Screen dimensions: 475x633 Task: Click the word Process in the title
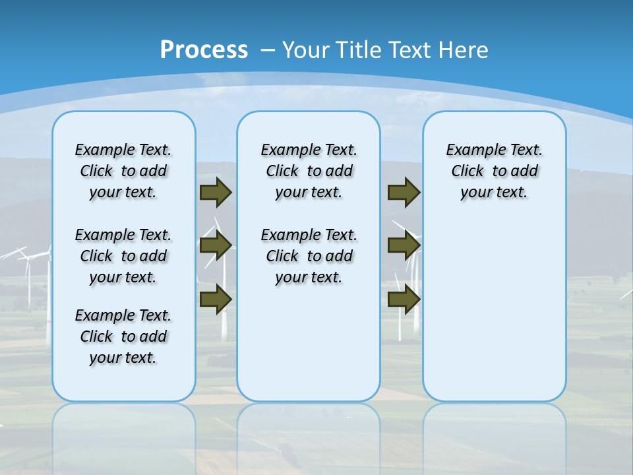pyautogui.click(x=204, y=49)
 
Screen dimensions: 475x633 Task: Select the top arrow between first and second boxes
pyautogui.click(x=216, y=193)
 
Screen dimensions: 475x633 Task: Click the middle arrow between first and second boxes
pyautogui.click(x=216, y=245)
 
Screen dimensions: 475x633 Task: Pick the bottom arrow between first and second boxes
pyautogui.click(x=216, y=299)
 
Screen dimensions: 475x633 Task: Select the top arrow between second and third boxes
pyautogui.click(x=404, y=193)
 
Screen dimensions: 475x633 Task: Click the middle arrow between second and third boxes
pyautogui.click(x=404, y=245)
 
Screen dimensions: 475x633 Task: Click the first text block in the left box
pyautogui.click(x=123, y=171)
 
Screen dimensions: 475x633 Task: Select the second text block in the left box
pyautogui.click(x=123, y=256)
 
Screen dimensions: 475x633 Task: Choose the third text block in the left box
pyautogui.click(x=123, y=336)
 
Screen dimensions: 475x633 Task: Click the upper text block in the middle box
pyautogui.click(x=309, y=171)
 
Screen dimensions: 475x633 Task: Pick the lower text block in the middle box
pyautogui.click(x=309, y=256)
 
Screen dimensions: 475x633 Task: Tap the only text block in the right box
pyautogui.click(x=494, y=171)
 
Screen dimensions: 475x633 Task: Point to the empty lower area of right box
pyautogui.click(x=494, y=310)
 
